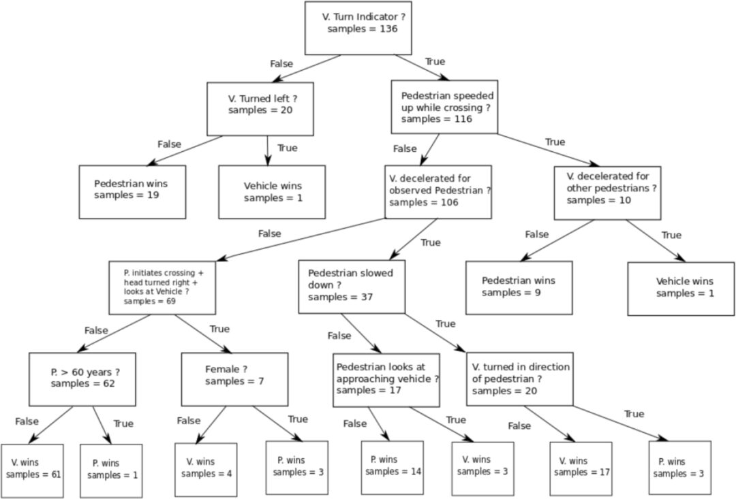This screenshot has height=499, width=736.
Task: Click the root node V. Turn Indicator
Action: click(x=358, y=28)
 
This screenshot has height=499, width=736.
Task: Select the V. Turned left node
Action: click(x=260, y=109)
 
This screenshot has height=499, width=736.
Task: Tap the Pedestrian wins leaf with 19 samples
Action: click(x=132, y=192)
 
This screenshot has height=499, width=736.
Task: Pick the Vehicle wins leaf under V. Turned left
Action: click(x=272, y=192)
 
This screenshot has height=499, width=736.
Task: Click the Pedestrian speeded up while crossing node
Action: click(x=444, y=107)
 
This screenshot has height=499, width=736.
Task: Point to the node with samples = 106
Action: click(x=438, y=192)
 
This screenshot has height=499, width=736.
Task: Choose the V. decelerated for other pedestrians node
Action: click(x=607, y=193)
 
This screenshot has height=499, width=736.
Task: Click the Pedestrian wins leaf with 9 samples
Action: click(x=519, y=287)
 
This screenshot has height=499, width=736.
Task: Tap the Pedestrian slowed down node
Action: click(x=352, y=287)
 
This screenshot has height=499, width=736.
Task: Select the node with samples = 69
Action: click(x=162, y=287)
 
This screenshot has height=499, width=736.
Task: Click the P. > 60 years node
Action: click(x=82, y=379)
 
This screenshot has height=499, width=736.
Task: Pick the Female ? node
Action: click(x=234, y=379)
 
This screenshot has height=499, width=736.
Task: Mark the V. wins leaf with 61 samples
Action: click(x=32, y=471)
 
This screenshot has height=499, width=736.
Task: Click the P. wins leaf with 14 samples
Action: click(x=393, y=468)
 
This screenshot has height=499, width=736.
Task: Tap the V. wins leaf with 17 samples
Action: click(x=581, y=468)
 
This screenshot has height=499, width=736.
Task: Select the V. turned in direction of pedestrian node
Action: click(x=520, y=379)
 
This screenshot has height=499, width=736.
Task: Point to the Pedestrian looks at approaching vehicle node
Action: click(x=386, y=380)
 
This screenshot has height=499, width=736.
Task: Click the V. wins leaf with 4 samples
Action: click(x=206, y=470)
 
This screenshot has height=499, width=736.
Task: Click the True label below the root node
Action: click(x=435, y=61)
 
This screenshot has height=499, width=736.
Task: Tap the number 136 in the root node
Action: click(x=388, y=29)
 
